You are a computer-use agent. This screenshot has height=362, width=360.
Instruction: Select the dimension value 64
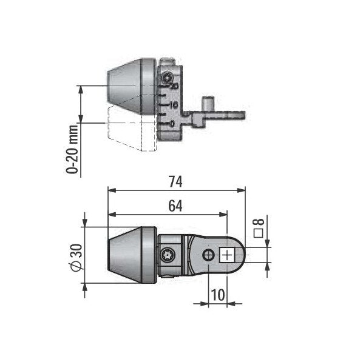[175, 206]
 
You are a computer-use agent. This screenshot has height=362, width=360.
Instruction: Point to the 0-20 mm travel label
[73, 149]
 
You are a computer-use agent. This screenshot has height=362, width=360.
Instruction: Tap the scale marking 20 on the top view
[174, 87]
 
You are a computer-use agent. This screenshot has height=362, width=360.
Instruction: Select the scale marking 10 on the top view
[174, 105]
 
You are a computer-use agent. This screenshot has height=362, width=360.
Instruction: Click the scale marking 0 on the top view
[174, 123]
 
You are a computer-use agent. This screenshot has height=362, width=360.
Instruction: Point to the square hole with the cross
[227, 255]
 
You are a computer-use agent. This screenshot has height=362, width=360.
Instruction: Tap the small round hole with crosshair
[208, 255]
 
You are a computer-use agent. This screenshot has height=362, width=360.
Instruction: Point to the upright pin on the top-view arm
[209, 102]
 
